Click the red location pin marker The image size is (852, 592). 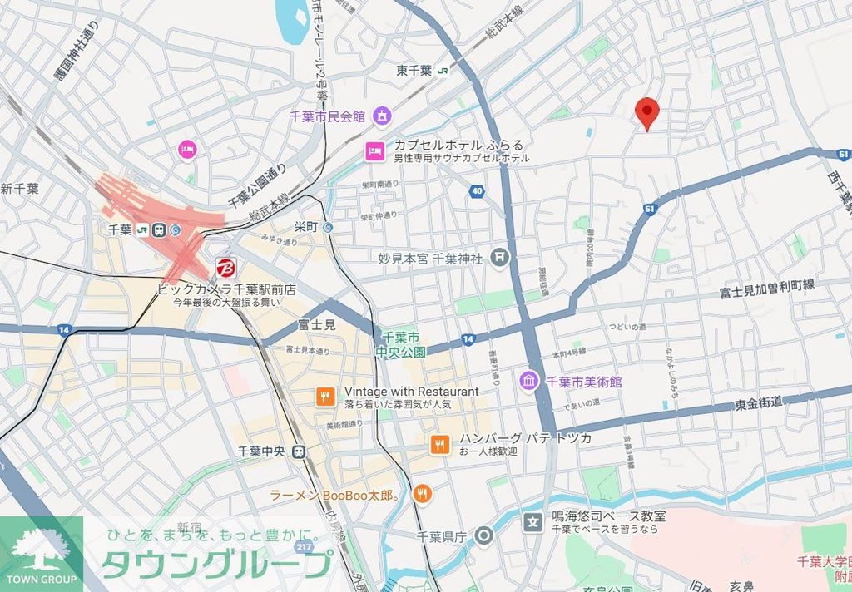646,111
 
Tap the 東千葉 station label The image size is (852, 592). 414,71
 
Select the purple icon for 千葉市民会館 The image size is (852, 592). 382,116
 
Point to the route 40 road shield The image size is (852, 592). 476,191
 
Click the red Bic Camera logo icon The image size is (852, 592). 225,268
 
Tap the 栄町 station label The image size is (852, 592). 306,226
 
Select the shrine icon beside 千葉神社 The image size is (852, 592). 499,259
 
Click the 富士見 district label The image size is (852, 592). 315,325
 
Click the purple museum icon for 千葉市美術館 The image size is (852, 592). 529,382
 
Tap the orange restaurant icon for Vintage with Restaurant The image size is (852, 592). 325,397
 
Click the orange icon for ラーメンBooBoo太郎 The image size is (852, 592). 423,495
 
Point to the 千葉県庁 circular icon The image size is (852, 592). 484,536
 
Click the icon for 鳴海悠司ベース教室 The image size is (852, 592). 532,522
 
